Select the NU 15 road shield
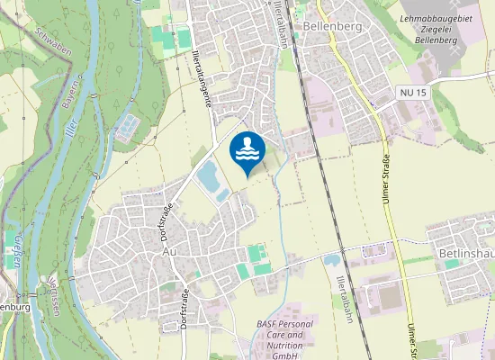pos(412,92)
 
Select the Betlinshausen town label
pos(467,255)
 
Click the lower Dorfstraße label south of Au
pos(183,305)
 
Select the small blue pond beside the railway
pos(330,259)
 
